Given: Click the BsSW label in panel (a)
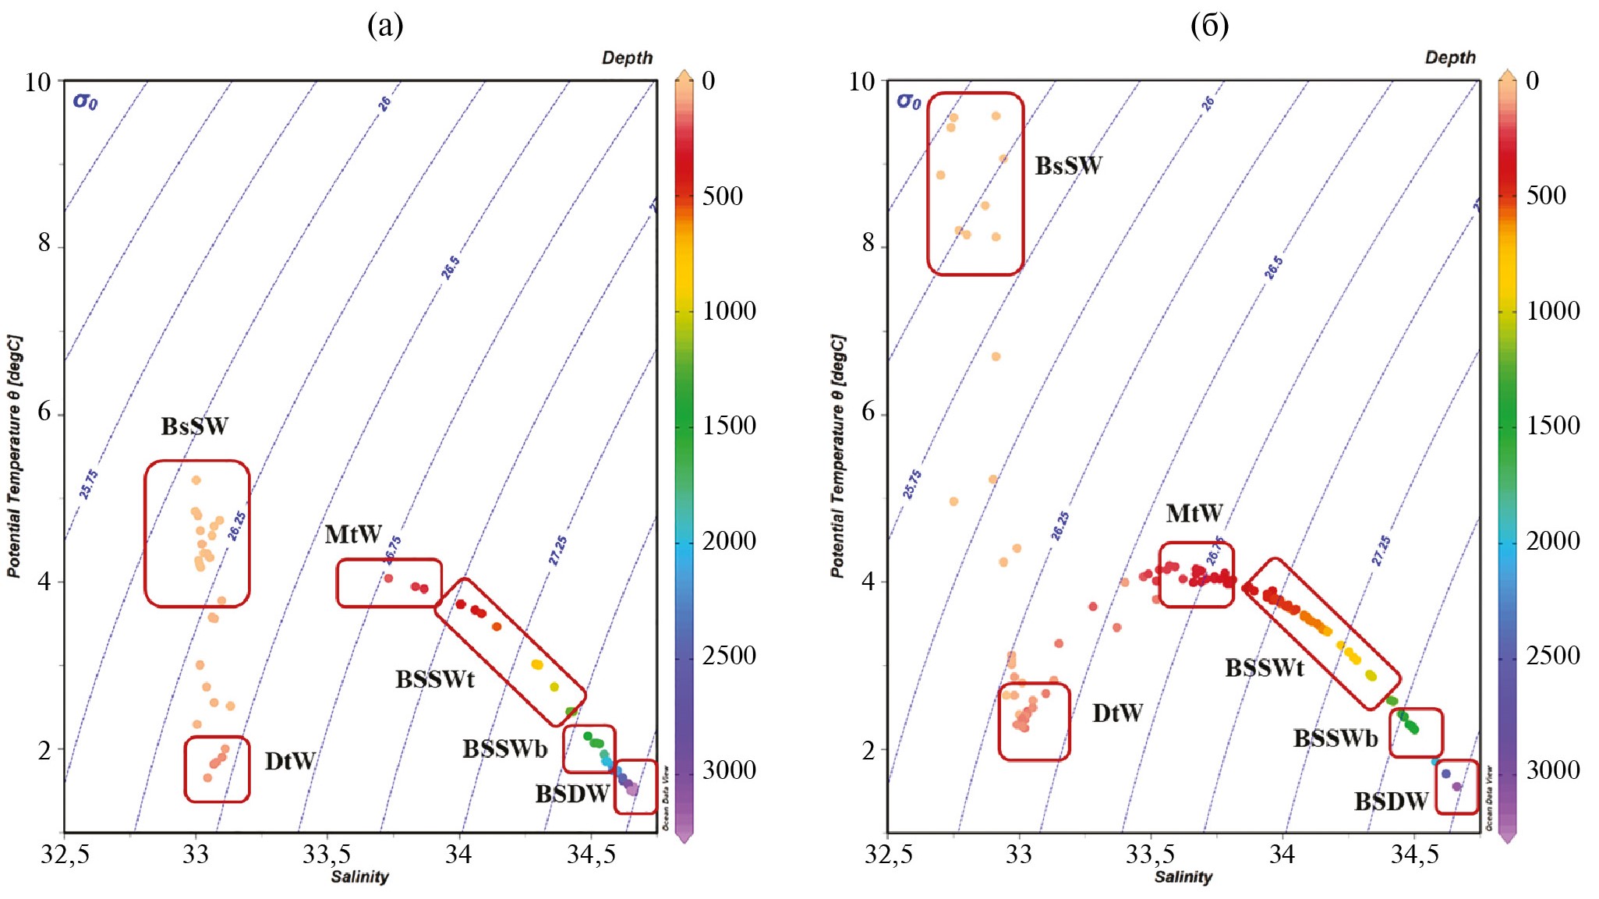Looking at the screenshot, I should point(194,426).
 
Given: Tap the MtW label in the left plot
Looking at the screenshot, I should point(353,534).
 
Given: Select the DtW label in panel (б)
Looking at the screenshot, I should point(1117,713).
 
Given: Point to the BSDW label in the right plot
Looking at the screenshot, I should point(1391,801).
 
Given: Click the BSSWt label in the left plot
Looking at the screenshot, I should point(434,679).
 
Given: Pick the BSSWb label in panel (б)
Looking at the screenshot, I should point(1335,738).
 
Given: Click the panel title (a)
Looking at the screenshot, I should point(385,26).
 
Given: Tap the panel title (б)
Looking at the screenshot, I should point(1209,26).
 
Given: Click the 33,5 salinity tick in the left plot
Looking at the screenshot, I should point(327,855).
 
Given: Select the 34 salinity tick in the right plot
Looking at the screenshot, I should point(1282,855).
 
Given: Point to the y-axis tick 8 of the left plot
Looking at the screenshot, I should point(44,243).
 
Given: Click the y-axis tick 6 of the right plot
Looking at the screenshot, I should point(868,412).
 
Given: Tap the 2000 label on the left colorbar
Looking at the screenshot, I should point(729,540).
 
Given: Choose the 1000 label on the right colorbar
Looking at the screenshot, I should point(1553,310).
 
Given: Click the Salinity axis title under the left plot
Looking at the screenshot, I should point(359,876).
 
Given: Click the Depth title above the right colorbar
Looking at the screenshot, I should point(1450,58).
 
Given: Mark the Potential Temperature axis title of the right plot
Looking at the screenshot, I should point(837,456).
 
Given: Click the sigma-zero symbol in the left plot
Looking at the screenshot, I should point(85,101).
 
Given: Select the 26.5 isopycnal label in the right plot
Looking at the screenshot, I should point(1273,267).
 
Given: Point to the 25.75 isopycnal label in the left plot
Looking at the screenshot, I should point(89,483).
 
